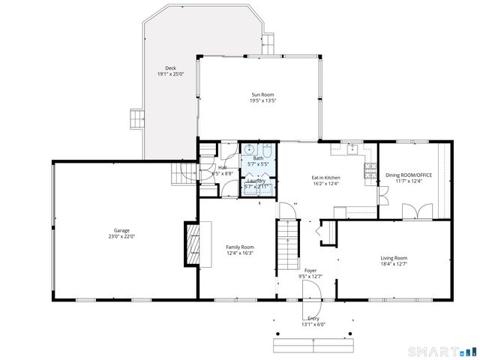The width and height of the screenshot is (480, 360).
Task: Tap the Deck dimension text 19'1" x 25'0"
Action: [x=170, y=74]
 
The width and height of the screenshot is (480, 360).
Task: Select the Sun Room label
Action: [x=263, y=94]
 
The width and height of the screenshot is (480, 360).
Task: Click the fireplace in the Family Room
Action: [x=193, y=244]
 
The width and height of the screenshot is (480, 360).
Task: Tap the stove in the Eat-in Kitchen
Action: [x=369, y=171]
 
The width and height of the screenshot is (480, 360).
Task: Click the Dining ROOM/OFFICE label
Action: [x=409, y=175]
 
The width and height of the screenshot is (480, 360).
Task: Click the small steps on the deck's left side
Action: [x=136, y=118]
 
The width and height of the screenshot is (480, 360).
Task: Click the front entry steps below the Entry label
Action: [x=312, y=344]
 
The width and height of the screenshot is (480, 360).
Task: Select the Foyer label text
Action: [x=310, y=269]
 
